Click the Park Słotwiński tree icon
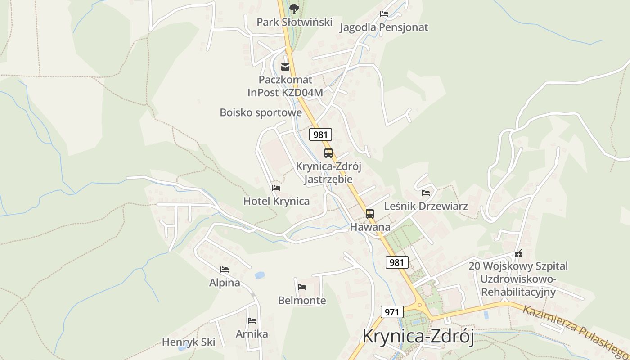coord(294,9)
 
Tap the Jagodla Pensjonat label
coord(384,27)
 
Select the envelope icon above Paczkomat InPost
coord(285,67)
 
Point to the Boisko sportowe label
coord(261,112)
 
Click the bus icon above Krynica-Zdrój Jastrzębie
coord(328,153)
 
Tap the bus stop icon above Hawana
coord(370,214)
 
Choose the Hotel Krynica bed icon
coord(276,188)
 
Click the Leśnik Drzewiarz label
coord(426,206)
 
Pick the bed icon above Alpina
coord(225,270)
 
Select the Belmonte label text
coord(302,300)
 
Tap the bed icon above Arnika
coord(252,321)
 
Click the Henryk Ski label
coord(189,342)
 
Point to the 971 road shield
coord(392,312)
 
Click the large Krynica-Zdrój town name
coord(418,337)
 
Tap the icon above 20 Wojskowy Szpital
coord(518,254)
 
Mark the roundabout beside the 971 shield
coord(420,306)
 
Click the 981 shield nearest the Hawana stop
coord(397,262)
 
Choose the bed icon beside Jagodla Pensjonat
coord(384,14)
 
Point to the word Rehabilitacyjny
coord(518,292)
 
